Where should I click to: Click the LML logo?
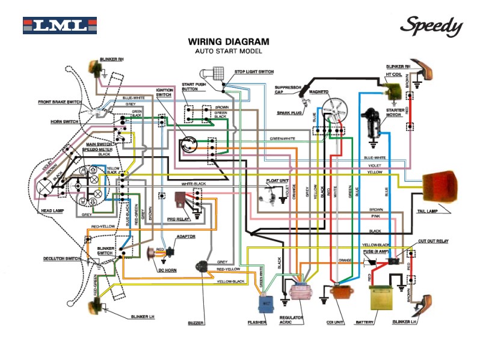[x=60, y=26]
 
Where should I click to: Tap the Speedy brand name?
[x=431, y=26]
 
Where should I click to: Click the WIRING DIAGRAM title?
[x=228, y=42]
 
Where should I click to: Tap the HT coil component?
[x=393, y=90]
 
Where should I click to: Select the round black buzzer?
[x=201, y=266]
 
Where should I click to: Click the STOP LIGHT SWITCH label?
[x=254, y=72]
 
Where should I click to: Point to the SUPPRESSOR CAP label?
[x=288, y=90]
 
